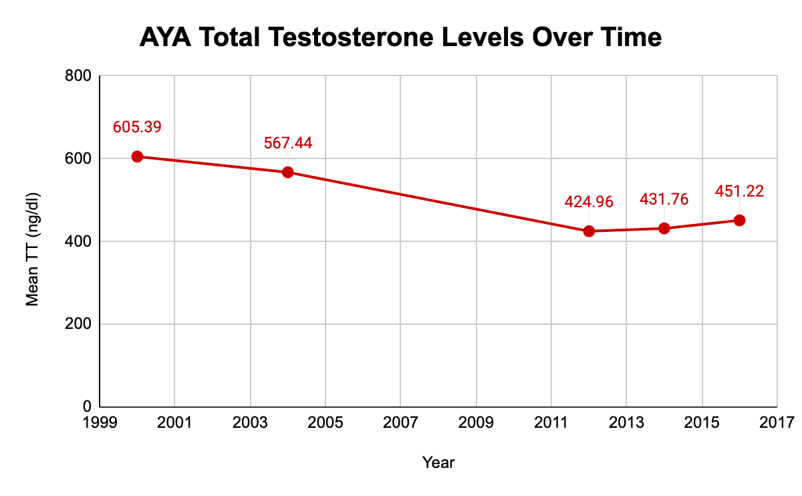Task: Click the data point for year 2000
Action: [137, 156]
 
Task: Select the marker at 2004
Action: [288, 172]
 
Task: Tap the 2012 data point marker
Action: [589, 231]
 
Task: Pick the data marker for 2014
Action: [664, 228]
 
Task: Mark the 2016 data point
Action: [739, 220]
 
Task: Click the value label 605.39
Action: [137, 127]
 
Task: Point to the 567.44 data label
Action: [288, 143]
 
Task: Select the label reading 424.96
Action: [589, 202]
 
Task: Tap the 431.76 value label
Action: [664, 199]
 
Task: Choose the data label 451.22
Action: [739, 191]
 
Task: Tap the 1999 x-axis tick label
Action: [100, 422]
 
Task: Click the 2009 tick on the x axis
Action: [476, 422]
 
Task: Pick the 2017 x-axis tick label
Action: [777, 422]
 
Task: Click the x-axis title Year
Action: [438, 462]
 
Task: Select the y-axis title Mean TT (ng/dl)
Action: [32, 241]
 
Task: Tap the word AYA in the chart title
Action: [163, 38]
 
